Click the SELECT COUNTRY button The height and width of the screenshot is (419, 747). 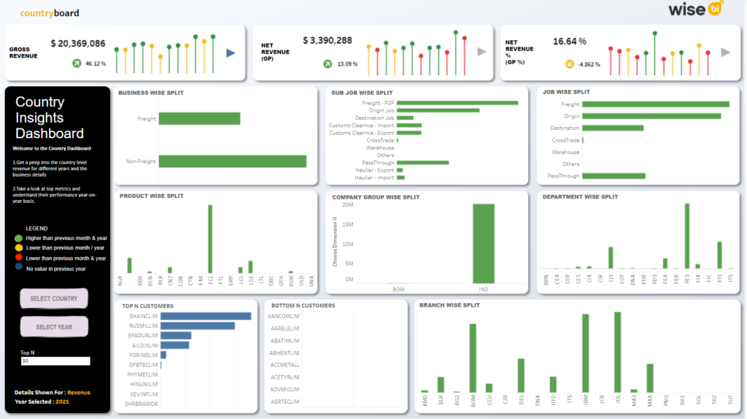pyautogui.click(x=54, y=299)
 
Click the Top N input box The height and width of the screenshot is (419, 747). pyautogui.click(x=55, y=361)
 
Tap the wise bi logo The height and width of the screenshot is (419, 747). pyautogui.click(x=695, y=9)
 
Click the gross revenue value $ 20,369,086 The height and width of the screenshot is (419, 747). pyautogui.click(x=78, y=44)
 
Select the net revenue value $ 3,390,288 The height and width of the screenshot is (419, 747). pyautogui.click(x=327, y=41)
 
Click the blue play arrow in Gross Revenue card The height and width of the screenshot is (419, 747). pyautogui.click(x=231, y=53)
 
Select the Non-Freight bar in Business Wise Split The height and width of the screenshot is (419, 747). pyautogui.click(x=232, y=161)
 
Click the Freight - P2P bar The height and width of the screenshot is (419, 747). pyautogui.click(x=457, y=103)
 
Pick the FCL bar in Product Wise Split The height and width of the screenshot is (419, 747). pyautogui.click(x=210, y=238)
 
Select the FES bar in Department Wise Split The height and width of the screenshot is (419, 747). pyautogui.click(x=687, y=236)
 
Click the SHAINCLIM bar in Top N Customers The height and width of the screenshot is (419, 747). pyautogui.click(x=205, y=316)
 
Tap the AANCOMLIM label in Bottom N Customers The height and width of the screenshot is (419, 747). pyautogui.click(x=285, y=316)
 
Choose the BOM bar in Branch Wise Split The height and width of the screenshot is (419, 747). pyautogui.click(x=473, y=357)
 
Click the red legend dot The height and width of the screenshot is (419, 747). pyautogui.click(x=18, y=258)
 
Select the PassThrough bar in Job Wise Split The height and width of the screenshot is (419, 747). pyautogui.click(x=614, y=176)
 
